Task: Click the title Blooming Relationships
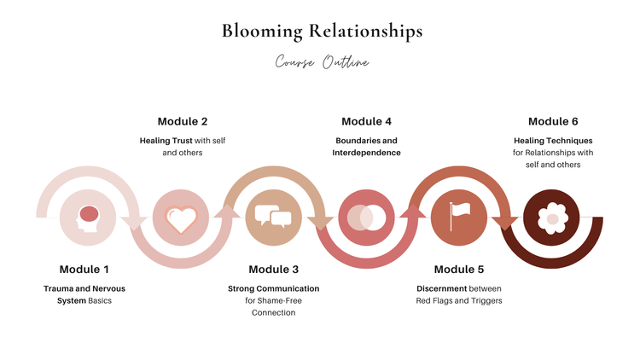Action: pos(322,32)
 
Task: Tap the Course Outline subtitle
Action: pos(322,62)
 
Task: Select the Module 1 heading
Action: pos(84,270)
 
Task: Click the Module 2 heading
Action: pos(182,121)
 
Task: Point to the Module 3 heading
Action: pos(274,270)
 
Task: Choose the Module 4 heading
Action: pos(366,121)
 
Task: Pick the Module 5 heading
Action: pos(458,270)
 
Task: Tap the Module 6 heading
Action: pos(553,121)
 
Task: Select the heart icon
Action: pos(181,218)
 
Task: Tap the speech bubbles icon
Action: pos(274,217)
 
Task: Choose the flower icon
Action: pos(552,218)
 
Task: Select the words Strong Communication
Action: pos(273,288)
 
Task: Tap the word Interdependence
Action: pos(366,153)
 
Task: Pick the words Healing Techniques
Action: pos(553,140)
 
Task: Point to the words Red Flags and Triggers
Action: pos(458,300)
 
